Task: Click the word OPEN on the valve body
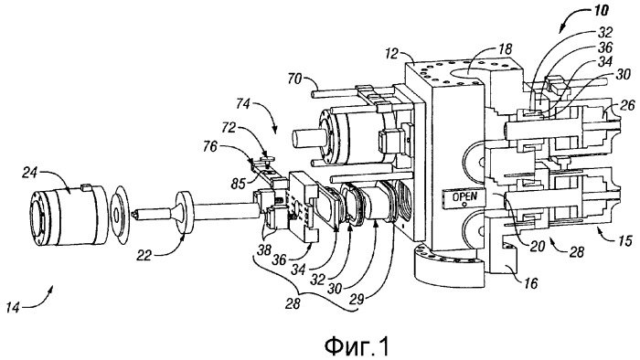click(464, 197)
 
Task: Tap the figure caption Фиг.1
click(357, 346)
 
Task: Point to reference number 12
click(390, 53)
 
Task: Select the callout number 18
click(505, 49)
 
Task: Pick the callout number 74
click(242, 104)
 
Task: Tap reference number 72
click(229, 128)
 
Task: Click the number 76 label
click(210, 146)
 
